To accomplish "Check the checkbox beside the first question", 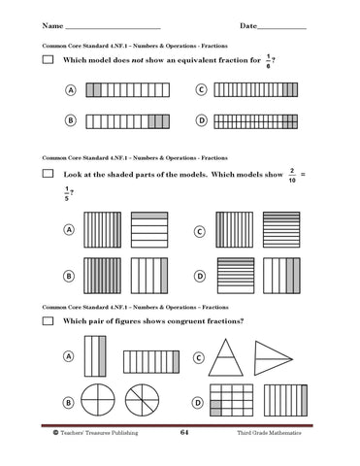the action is click(48, 60).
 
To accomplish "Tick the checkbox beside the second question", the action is click(48, 174).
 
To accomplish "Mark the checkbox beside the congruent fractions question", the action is click(48, 320).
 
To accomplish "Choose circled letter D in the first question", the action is click(201, 121).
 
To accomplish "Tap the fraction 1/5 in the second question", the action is click(66, 192).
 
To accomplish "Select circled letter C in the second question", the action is click(200, 233).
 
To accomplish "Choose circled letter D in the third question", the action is click(199, 402).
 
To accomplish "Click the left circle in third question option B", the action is click(97, 400).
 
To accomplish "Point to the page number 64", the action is click(183, 432).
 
